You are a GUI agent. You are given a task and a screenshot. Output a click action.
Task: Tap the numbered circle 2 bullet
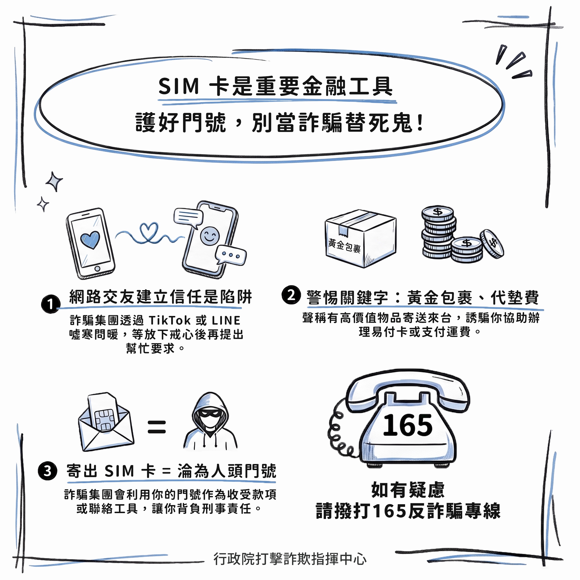291,295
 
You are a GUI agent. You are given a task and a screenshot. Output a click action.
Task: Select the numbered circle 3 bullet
47,471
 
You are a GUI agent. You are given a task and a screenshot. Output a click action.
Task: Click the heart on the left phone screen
90,239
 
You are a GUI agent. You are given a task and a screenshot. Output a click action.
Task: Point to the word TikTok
170,320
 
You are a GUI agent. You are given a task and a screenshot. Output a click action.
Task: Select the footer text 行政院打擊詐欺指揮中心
290,559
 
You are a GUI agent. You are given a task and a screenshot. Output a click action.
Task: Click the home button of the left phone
97,268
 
